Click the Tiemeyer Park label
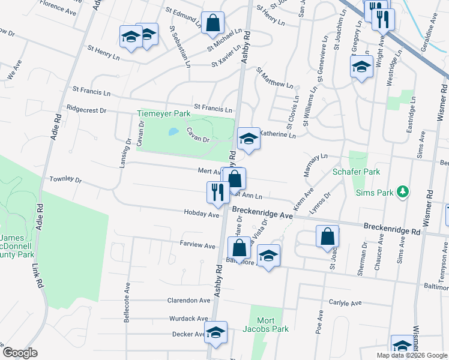[x=163, y=113]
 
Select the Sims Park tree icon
[x=404, y=193]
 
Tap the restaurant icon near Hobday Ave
[x=216, y=191]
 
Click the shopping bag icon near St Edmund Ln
[x=212, y=23]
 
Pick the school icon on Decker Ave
[x=215, y=333]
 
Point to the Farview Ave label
[x=197, y=246]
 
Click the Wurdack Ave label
[x=188, y=319]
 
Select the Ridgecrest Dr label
[x=87, y=110]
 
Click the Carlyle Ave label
[x=346, y=303]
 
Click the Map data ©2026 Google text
[x=411, y=355]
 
